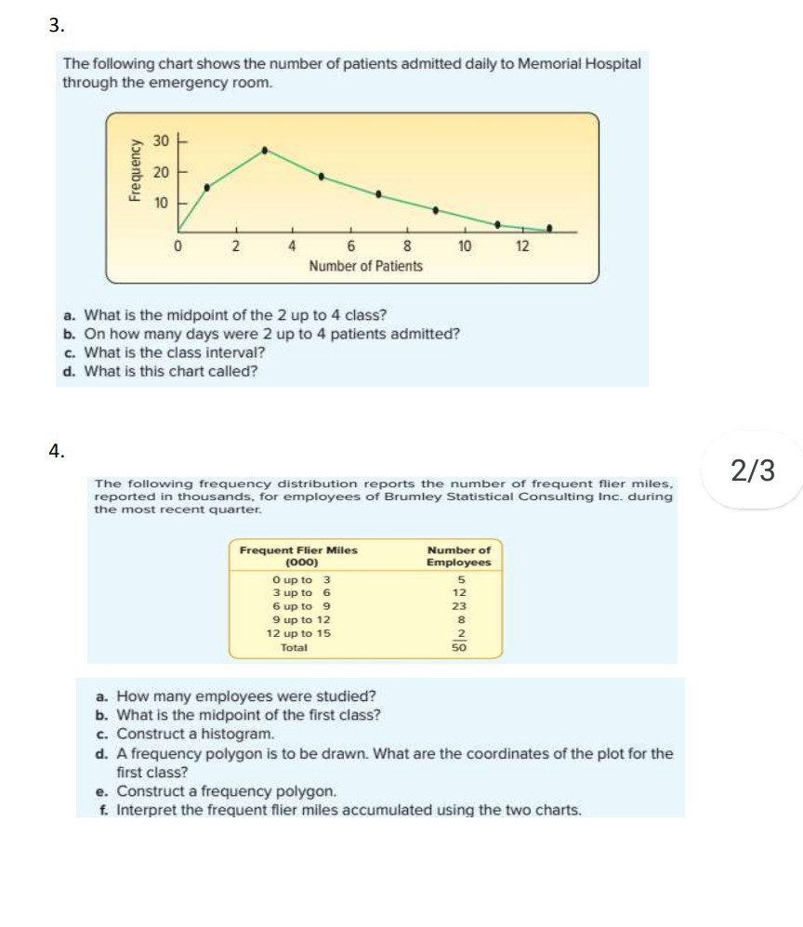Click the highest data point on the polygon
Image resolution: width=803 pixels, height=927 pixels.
265,150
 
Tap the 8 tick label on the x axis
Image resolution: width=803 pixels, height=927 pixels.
407,246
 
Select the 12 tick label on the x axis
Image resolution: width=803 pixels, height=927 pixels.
522,246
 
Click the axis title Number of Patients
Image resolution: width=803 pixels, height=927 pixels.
365,266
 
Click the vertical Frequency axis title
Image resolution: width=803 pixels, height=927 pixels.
136,170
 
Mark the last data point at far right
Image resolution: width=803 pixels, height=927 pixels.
549,228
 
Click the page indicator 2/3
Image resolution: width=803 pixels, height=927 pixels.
752,471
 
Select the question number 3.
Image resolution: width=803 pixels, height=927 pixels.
57,26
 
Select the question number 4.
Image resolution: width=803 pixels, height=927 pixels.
57,451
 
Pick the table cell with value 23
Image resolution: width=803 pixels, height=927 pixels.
459,605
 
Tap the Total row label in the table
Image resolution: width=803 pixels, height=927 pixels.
294,647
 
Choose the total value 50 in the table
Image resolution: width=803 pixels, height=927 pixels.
459,648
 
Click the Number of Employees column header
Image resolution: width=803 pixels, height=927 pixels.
458,556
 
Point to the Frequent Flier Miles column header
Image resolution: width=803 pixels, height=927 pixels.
298,556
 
